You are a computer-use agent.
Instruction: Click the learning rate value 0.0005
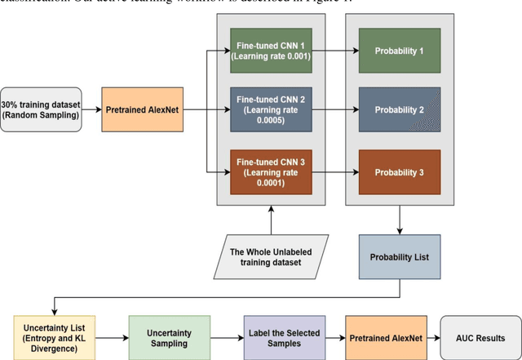tap(271, 117)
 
